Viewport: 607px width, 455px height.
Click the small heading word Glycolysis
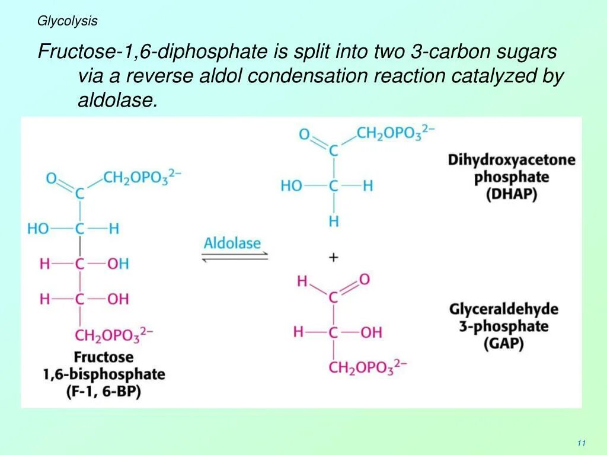(68, 21)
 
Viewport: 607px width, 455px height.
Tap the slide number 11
(581, 444)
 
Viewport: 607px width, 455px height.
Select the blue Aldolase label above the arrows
(232, 243)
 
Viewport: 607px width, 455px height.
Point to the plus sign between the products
(334, 257)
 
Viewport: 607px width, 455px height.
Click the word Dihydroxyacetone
(512, 160)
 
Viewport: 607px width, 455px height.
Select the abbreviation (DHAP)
(512, 194)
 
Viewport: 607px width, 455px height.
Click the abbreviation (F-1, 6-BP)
(104, 392)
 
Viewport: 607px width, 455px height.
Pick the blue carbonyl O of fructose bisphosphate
(52, 178)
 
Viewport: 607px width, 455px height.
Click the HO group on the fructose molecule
(39, 229)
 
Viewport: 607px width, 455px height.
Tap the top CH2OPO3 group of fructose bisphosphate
(142, 177)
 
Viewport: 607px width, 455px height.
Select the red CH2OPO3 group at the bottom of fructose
(113, 335)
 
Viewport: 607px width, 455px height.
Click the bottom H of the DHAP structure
(334, 222)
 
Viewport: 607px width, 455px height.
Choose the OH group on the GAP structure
(370, 332)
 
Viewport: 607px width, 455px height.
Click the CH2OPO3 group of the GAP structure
(368, 367)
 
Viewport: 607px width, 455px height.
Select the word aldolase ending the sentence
(117, 101)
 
